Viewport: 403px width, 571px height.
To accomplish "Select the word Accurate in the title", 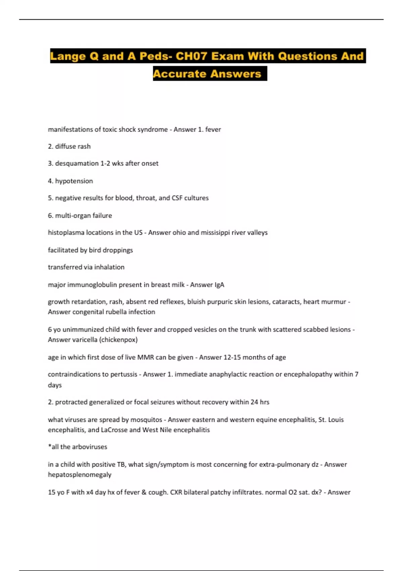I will coord(179,74).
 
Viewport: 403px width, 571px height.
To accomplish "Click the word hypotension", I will coord(74,181).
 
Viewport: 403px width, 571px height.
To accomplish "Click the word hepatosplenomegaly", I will coord(80,475).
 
